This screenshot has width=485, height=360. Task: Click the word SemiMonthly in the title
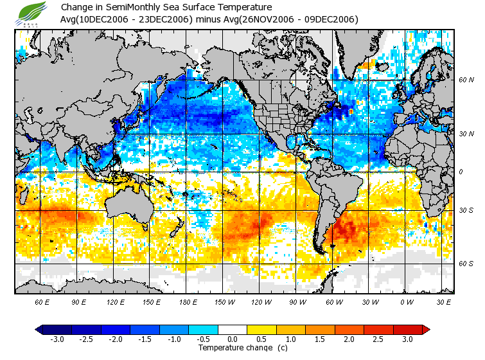(141, 8)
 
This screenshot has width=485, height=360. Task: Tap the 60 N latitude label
(466, 80)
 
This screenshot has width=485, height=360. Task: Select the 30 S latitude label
(466, 211)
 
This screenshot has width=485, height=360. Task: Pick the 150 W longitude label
(224, 301)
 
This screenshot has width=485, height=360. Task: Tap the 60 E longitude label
(42, 301)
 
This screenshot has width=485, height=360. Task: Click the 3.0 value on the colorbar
(408, 339)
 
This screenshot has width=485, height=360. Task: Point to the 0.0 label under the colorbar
(233, 339)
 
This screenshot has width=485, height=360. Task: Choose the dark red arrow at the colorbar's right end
(425, 329)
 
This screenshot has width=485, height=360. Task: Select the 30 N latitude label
(466, 133)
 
